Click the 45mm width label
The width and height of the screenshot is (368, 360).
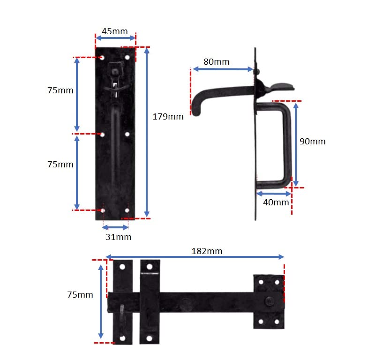(x=115, y=31)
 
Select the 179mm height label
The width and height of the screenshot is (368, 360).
(x=168, y=117)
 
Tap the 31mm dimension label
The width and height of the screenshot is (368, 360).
(x=119, y=237)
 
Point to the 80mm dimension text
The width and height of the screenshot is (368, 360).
(x=217, y=62)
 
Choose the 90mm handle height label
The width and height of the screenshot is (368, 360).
(x=312, y=141)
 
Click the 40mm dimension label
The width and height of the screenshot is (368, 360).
(x=276, y=202)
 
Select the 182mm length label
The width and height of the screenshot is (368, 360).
(x=207, y=251)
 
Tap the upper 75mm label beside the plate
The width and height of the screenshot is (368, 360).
(x=60, y=90)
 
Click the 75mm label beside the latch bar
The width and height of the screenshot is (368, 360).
(x=80, y=295)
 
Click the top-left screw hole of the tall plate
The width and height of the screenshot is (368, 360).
(x=102, y=58)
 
